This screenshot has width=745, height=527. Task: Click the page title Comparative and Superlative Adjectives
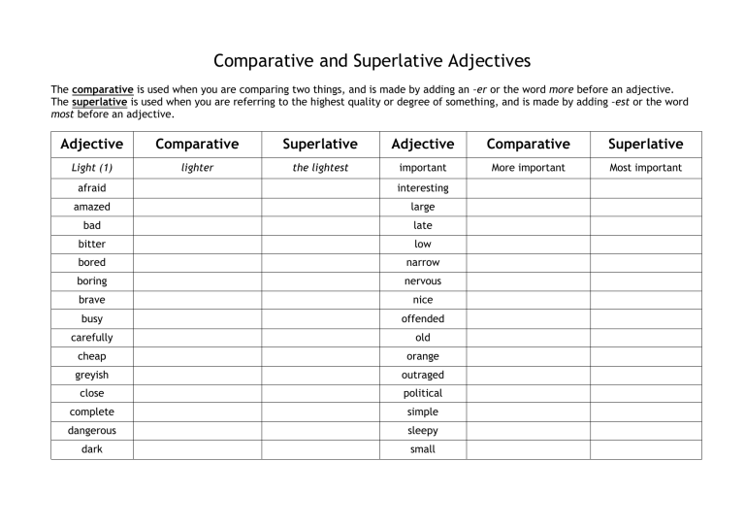[x=372, y=61]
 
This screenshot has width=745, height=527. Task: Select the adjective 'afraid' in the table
[x=92, y=188]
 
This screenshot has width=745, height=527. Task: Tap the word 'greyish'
[x=92, y=375]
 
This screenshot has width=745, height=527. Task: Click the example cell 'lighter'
[x=197, y=168]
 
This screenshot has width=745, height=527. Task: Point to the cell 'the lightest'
[x=320, y=168]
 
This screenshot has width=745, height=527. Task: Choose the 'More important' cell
[x=528, y=168]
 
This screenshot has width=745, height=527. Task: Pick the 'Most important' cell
[x=645, y=168]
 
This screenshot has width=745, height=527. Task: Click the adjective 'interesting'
[x=423, y=188]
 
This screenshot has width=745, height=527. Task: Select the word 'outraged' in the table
[x=423, y=375]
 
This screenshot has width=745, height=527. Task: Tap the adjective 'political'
[x=423, y=393]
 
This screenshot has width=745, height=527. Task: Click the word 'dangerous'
[x=92, y=430]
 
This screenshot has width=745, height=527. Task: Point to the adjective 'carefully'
[x=92, y=338]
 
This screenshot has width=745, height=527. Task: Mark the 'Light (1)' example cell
[x=92, y=168]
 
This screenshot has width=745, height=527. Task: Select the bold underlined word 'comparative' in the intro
[x=104, y=89]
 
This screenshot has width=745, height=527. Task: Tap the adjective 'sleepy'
[x=423, y=430]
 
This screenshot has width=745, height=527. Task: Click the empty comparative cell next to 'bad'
[x=197, y=225]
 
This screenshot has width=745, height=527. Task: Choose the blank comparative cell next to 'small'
[x=528, y=449]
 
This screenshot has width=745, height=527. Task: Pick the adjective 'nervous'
[x=423, y=281]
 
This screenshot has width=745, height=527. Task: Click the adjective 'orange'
[x=423, y=356]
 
